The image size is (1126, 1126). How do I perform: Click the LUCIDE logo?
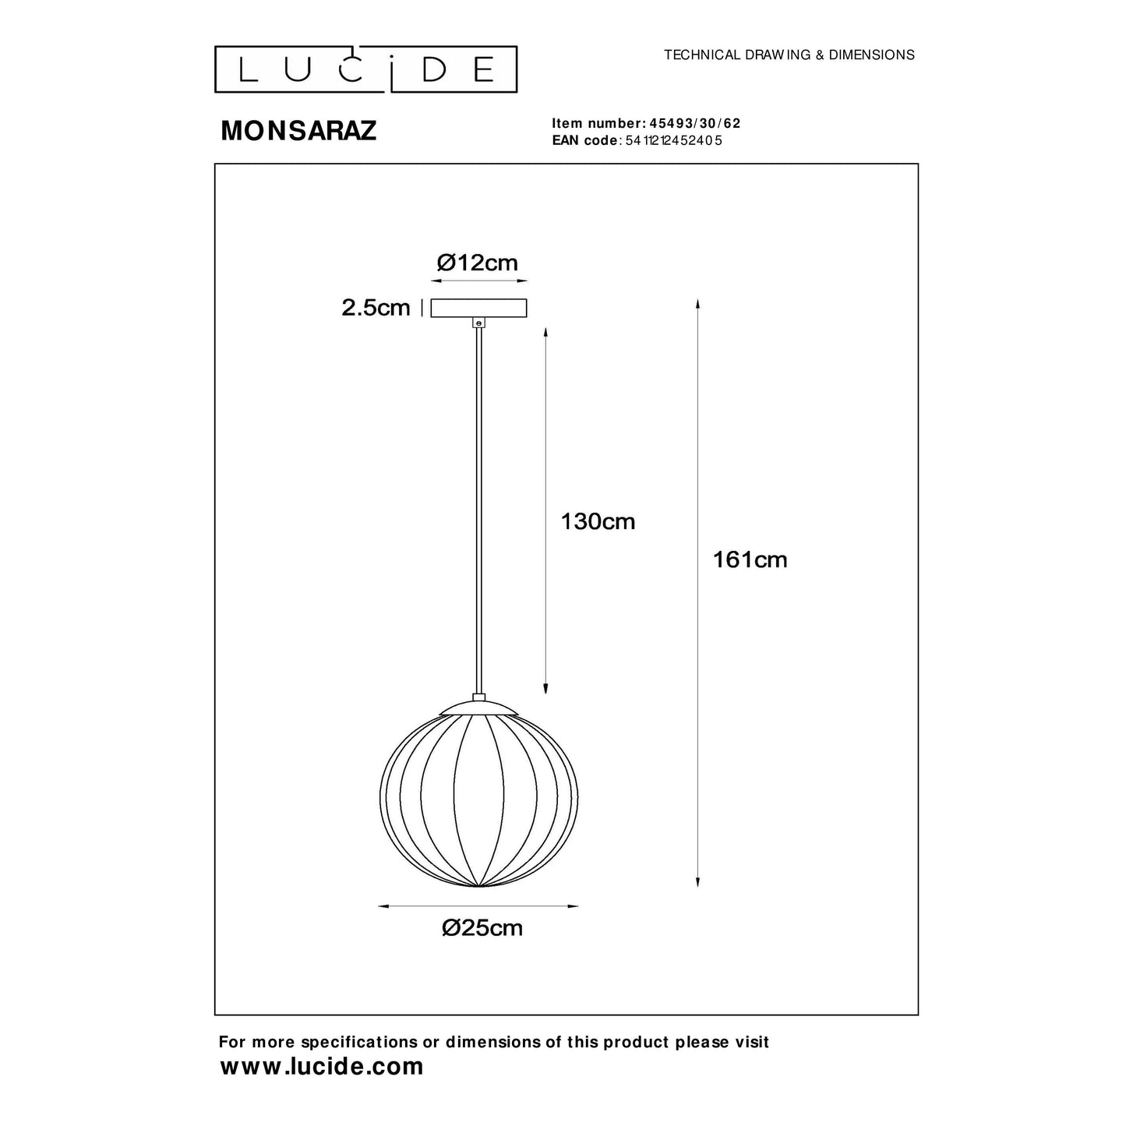coord(365,69)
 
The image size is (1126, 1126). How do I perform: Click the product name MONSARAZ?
coord(298,131)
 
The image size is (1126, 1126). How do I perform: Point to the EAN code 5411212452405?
coord(674,141)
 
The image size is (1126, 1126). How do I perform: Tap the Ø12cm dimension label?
coord(478,263)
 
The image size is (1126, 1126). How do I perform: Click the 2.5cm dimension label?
coord(376,308)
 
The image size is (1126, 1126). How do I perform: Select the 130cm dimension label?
coord(598,521)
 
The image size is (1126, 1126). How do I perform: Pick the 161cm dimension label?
coord(750,559)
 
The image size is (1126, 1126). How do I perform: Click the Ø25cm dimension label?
coord(482,928)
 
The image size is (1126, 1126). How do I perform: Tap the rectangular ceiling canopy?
coord(478,309)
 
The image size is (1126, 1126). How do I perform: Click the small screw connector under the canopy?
coord(478,322)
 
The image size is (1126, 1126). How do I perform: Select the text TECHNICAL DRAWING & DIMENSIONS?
coord(789,55)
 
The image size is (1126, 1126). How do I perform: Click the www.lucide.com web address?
coord(322,1066)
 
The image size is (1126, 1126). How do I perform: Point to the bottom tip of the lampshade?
coord(478,887)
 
